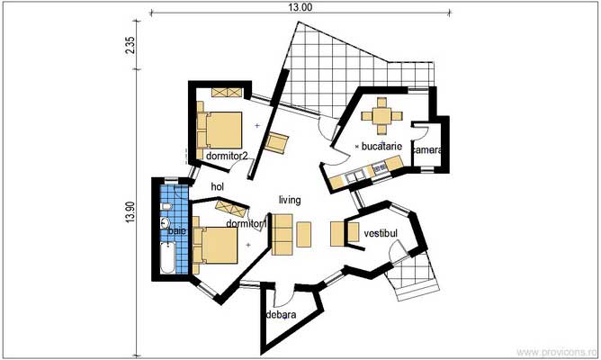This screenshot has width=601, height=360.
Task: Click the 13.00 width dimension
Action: click(x=300, y=6)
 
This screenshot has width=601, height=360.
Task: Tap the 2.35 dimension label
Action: click(x=131, y=46)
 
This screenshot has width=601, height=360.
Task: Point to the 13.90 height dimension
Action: click(x=131, y=211)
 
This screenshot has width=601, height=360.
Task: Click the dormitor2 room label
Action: click(x=226, y=156)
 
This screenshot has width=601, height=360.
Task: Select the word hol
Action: click(x=216, y=186)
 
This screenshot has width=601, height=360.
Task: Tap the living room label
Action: click(x=289, y=200)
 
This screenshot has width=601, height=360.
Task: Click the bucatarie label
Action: click(x=381, y=145)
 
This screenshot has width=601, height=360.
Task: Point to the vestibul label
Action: click(x=381, y=233)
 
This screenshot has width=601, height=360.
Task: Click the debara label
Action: click(x=281, y=315)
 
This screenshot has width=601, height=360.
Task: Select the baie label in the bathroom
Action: click(x=175, y=232)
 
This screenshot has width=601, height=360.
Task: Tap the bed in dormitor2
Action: click(x=221, y=129)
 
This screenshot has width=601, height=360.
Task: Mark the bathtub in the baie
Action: click(x=167, y=257)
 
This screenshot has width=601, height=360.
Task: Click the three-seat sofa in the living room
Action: click(x=282, y=234)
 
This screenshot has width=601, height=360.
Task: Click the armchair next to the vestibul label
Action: click(x=340, y=233)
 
